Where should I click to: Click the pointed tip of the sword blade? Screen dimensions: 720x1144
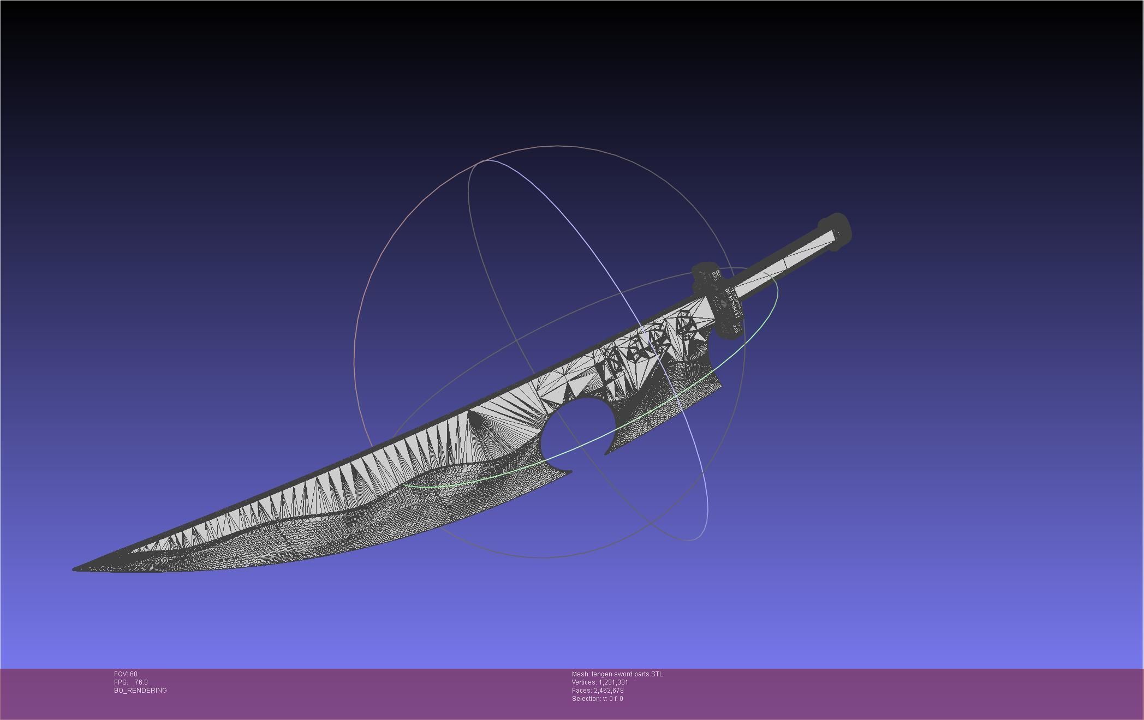coord(75,569)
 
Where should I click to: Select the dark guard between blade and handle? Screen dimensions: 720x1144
coord(716,300)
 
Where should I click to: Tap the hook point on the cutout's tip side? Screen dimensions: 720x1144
coord(570,471)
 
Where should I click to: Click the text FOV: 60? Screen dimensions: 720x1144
coord(126,674)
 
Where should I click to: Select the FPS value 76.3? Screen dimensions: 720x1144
coord(141,682)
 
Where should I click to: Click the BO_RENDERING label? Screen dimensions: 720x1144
coord(140,691)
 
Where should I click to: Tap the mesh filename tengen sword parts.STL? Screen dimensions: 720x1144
coord(627,674)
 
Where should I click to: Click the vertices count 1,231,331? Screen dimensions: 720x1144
coord(613,682)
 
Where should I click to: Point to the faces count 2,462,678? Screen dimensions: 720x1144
coord(609,691)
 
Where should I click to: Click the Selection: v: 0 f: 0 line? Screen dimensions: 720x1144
coord(597,699)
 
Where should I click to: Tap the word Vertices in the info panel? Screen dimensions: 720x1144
coord(583,682)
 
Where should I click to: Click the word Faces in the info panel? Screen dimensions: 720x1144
coord(581,691)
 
